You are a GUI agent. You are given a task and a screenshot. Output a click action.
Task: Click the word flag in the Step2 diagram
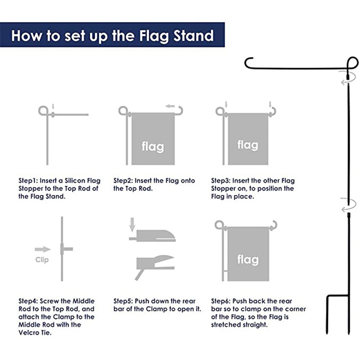pyautogui.click(x=153, y=146)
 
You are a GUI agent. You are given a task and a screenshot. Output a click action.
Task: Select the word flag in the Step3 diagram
pyautogui.click(x=248, y=145)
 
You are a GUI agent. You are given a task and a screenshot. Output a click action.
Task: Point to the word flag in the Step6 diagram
pyautogui.click(x=248, y=259)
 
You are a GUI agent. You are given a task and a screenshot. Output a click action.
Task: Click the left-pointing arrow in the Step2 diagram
pyautogui.click(x=170, y=106)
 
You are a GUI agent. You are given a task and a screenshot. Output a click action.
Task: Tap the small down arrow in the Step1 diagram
pyautogui.click(x=53, y=106)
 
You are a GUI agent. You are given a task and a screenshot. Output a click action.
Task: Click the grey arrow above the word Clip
pyautogui.click(x=43, y=249)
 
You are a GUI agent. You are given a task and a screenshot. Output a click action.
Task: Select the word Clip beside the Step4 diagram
pyautogui.click(x=42, y=260)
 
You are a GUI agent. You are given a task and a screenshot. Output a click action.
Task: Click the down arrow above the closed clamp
pyautogui.click(x=132, y=226)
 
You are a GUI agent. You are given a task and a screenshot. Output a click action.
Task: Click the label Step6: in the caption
pyautogui.click(x=221, y=301)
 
